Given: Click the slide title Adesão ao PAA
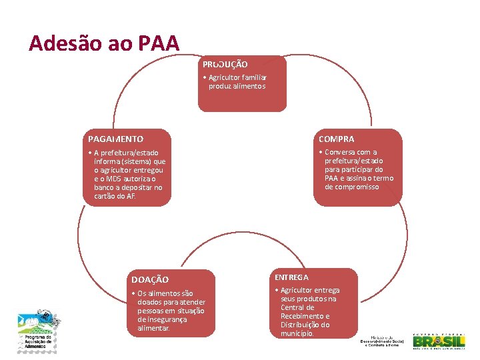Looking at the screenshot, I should pos(104,44).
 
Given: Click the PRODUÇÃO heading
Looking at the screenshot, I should pos(225,65).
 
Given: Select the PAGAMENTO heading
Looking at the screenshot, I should pos(115,139).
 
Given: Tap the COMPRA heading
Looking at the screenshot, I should pos(336,139).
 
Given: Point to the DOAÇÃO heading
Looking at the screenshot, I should pos(150,279).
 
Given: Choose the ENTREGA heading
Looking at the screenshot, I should pos(291,277).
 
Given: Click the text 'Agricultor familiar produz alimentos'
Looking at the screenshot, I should pos(237,82).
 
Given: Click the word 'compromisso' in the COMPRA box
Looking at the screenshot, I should pos(352,187).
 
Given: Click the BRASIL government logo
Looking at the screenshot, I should pos(439,341).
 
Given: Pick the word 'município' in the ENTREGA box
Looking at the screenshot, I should pos(297,333).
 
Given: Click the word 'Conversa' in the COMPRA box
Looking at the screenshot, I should pos(341,152).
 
